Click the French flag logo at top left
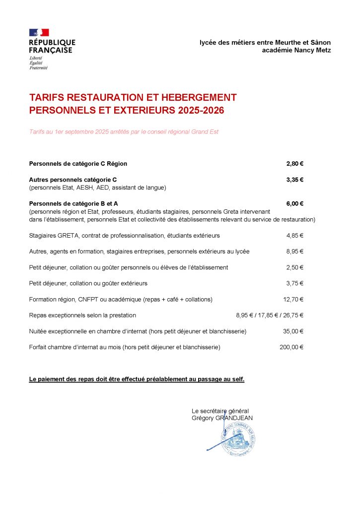(39, 33)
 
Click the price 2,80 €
(294, 164)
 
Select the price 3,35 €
(294, 180)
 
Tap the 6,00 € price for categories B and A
(294, 203)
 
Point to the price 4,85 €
(294, 236)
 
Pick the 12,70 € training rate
(293, 299)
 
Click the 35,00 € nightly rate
(293, 331)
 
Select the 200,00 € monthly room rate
(291, 347)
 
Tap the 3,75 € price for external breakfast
(294, 283)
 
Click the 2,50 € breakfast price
(294, 267)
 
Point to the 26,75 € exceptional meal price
(293, 315)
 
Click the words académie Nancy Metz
(296, 51)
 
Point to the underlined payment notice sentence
(137, 380)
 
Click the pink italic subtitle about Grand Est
(124, 132)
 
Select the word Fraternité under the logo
(38, 67)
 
